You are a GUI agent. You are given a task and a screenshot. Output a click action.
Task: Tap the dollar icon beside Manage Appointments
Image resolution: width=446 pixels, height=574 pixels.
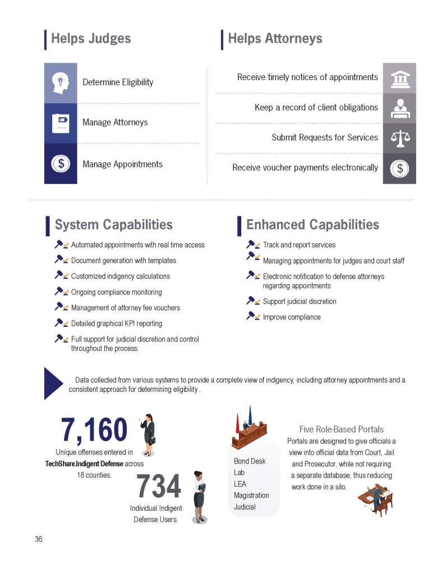pos(61,164)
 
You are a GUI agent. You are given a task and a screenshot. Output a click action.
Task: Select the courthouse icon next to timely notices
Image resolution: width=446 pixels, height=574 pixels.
pos(399,78)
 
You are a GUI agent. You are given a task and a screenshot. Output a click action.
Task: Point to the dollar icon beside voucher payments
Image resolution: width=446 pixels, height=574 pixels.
pos(399,168)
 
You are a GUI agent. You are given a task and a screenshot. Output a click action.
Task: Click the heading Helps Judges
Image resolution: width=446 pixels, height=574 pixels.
pos(91,39)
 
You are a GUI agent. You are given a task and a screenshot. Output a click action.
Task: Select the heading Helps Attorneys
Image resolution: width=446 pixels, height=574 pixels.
pos(275,39)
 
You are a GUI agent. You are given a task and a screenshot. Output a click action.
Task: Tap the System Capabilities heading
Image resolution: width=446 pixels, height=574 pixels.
pos(113,225)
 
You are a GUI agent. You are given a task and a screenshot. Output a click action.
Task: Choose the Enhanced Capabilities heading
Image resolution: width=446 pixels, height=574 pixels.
pos(312,225)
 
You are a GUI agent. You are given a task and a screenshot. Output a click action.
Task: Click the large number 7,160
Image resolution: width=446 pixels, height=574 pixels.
pos(94,430)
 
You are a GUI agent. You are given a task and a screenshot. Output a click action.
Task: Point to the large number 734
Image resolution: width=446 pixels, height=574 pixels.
pos(159,487)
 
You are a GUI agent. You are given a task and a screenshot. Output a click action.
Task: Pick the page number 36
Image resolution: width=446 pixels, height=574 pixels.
pos(39,539)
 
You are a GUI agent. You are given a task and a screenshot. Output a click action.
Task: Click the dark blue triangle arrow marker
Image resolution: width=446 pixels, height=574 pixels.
pos(53,383)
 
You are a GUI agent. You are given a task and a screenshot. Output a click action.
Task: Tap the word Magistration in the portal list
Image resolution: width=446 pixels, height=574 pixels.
pos(251,496)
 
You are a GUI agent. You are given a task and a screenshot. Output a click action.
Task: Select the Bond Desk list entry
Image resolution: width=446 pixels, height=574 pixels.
pos(250,461)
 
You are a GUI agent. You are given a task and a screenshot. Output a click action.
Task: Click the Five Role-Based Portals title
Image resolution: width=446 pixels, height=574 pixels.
pos(341,429)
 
